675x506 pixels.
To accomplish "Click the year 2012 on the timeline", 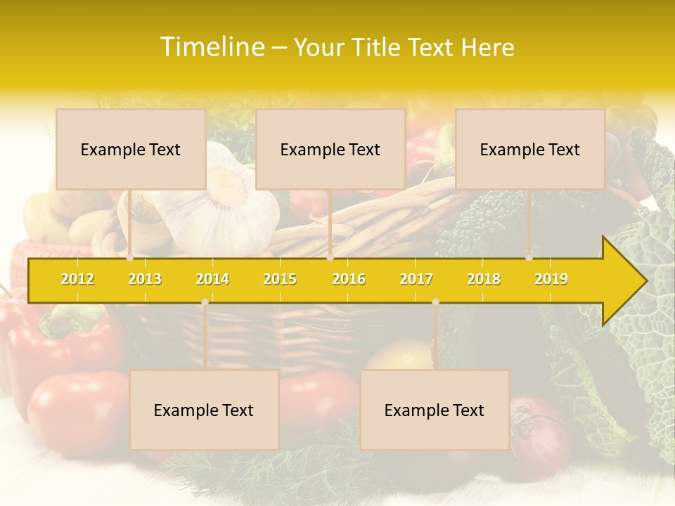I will click(77, 279).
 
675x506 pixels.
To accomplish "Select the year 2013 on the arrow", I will click(145, 279).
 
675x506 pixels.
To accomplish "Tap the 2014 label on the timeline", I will click(212, 279).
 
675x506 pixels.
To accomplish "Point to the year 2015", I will click(280, 279).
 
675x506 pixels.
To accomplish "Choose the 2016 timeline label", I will click(349, 279).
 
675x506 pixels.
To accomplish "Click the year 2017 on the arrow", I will click(416, 279).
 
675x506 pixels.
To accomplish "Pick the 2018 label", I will click(484, 279).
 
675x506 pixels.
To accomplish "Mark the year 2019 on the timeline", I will click(551, 279).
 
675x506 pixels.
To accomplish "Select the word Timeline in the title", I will click(210, 47).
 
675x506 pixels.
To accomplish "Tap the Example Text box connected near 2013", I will click(131, 149).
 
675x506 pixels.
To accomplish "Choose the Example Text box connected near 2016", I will click(330, 149).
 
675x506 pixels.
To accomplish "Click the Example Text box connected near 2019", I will click(530, 149).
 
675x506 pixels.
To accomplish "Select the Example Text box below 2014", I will click(204, 410).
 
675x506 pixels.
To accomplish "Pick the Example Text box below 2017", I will click(435, 410).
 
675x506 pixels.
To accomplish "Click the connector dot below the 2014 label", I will click(205, 302).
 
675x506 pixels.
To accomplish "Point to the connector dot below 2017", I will click(435, 302).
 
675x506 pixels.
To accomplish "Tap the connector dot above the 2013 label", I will click(129, 258).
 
